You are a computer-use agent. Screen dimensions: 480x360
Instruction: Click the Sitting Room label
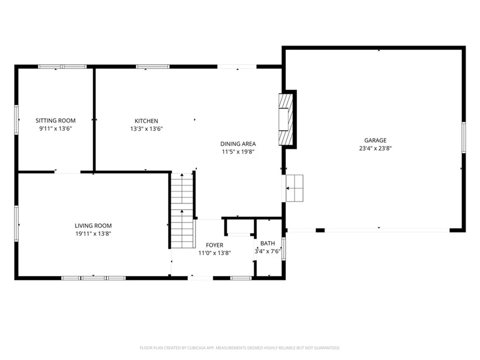pos(55,121)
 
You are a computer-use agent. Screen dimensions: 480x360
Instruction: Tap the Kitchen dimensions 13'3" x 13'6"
pos(146,129)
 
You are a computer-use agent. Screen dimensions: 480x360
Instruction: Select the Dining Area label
pos(238,144)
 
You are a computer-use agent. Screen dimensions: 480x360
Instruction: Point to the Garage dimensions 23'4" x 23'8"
pos(376,148)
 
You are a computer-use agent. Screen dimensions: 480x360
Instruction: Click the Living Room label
pos(93,226)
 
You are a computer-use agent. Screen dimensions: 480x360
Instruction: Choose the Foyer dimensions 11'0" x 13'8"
pos(214,253)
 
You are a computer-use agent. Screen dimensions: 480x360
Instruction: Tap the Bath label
pos(268,244)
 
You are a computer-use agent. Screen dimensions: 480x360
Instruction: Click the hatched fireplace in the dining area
pos(286,119)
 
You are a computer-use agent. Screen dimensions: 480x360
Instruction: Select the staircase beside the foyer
pos(182,211)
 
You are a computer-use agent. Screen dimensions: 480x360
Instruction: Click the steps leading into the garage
pos(294,188)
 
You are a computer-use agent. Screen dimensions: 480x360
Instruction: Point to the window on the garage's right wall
pos(463,137)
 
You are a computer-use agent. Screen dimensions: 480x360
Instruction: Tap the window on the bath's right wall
pos(283,248)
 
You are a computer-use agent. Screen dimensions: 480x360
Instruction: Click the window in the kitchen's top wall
pos(152,67)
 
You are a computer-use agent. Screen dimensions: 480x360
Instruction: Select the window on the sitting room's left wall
pos(17,119)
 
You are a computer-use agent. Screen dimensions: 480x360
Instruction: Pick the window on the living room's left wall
pos(17,223)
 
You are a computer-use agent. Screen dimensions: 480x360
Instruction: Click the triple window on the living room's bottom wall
pos(94,278)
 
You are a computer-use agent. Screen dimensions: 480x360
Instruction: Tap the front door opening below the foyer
pos(200,278)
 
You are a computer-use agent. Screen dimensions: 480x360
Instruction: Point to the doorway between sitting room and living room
pos(67,172)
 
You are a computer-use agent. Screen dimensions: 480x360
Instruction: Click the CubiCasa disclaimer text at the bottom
pos(240,348)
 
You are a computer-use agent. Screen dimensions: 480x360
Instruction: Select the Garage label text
pos(376,140)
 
